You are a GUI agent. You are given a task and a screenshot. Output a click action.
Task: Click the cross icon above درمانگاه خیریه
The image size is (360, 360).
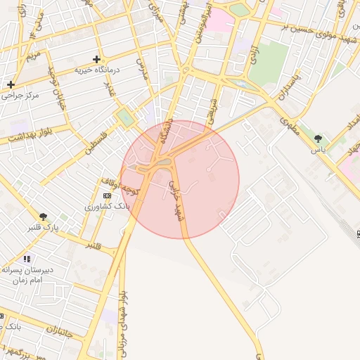coord(97,59)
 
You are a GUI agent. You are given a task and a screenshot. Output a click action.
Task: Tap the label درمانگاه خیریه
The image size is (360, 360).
coord(98,70)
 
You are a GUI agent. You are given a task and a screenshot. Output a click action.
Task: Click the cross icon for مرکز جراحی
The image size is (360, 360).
coord(11,84)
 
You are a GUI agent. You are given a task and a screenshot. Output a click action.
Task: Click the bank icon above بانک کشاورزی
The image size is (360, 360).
coord(106,195)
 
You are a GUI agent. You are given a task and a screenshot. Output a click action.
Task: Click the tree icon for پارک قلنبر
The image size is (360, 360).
coord(44,217)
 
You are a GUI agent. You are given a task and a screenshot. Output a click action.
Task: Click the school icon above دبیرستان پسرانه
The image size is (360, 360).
coord(27,259)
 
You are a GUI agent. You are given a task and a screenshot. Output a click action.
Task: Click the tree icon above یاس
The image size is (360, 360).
coord(318,139)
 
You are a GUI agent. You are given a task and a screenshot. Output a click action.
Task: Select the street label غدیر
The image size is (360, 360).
coord(109,89)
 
